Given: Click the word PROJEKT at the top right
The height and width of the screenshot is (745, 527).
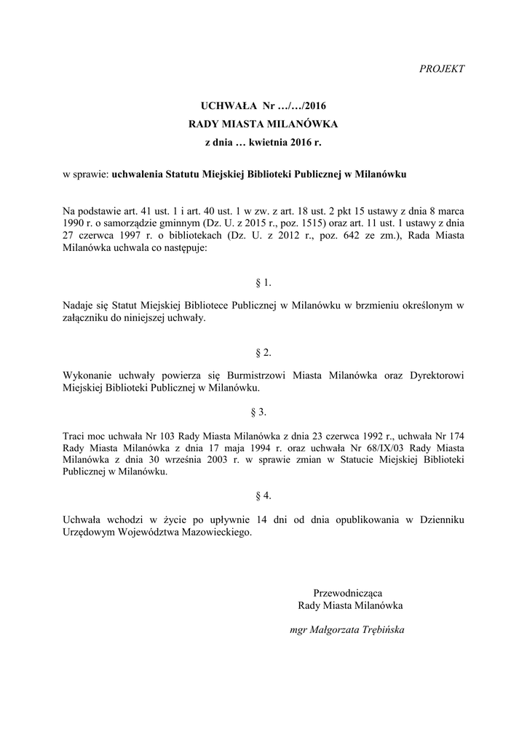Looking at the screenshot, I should (x=443, y=69).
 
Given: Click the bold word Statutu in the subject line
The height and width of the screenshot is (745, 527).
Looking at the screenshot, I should (x=186, y=175).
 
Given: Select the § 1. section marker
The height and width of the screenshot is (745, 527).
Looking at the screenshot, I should (x=263, y=282).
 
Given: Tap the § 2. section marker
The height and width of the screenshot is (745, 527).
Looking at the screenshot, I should (x=263, y=353).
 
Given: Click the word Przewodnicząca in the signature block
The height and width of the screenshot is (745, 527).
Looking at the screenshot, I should (x=348, y=592).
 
